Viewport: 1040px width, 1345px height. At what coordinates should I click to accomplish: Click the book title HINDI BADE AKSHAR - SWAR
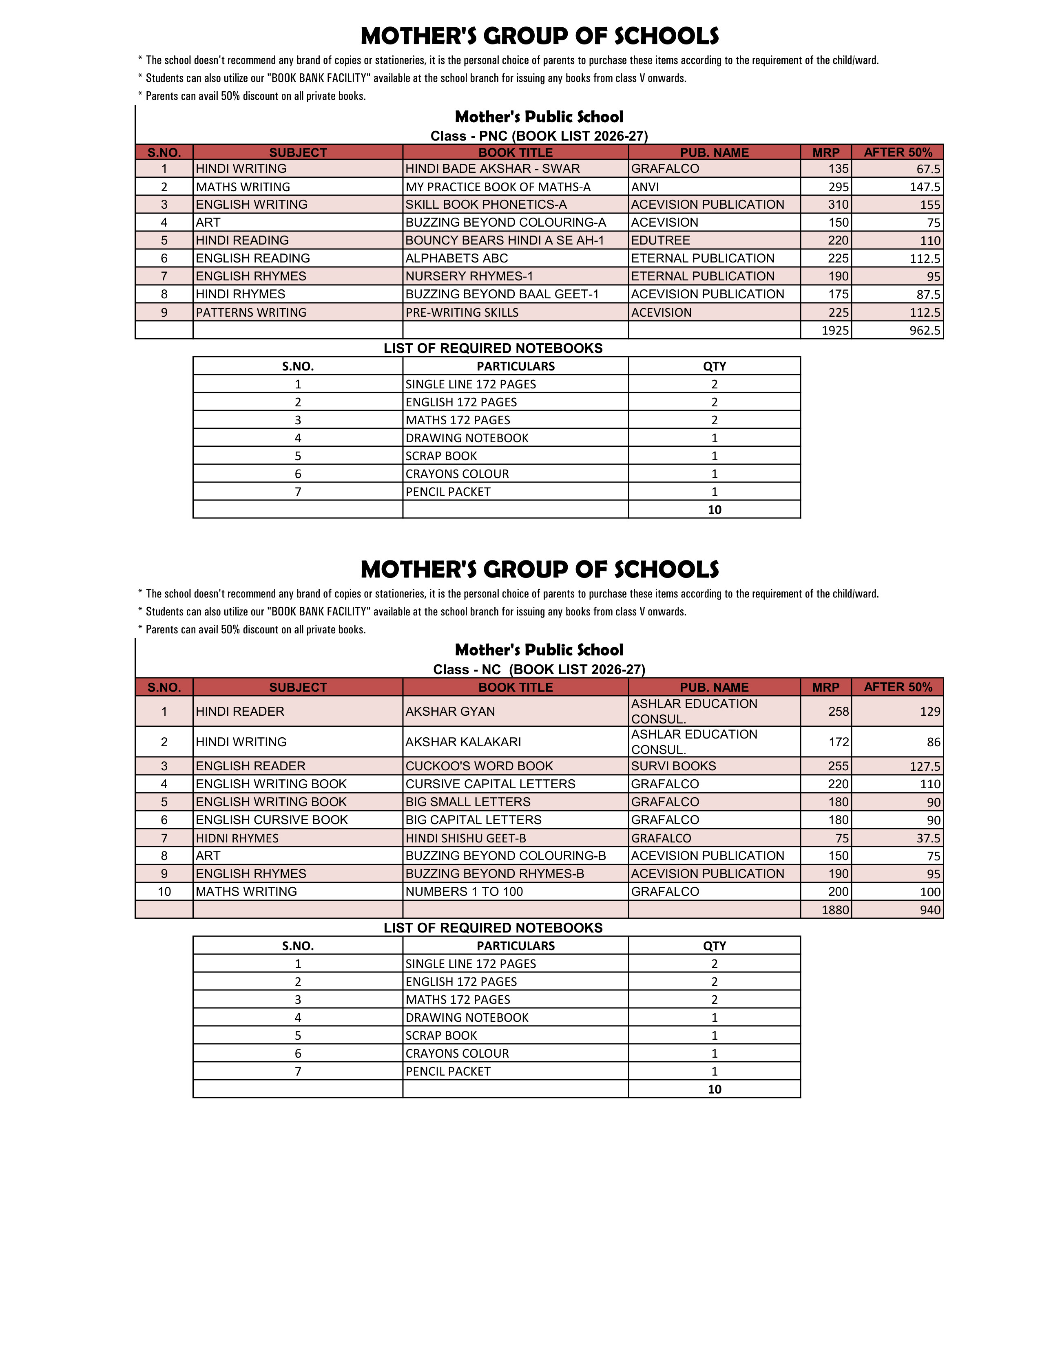(492, 169)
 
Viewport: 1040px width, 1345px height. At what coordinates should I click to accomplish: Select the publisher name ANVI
(645, 187)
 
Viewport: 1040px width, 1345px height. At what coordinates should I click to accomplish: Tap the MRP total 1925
(835, 331)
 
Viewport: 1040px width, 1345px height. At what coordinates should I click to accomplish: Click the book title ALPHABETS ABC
(456, 258)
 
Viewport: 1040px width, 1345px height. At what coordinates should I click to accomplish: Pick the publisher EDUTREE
(660, 240)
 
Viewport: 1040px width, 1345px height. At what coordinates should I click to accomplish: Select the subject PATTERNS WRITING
(251, 312)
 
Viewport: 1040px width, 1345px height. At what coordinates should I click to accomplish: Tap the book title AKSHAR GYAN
(450, 711)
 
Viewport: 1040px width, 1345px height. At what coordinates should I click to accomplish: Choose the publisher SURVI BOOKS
(673, 766)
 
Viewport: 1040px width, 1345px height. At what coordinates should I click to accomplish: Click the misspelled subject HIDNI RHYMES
(237, 838)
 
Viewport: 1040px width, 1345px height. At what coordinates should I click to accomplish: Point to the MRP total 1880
(835, 910)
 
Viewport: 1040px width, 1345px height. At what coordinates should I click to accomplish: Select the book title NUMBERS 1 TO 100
(464, 892)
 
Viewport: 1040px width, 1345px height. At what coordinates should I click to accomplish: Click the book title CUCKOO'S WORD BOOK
(479, 766)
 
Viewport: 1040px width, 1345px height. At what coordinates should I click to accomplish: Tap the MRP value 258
(839, 711)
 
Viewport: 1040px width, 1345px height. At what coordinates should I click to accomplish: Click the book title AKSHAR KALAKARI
(463, 742)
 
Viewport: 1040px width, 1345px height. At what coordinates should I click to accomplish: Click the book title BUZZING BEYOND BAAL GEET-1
(502, 294)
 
